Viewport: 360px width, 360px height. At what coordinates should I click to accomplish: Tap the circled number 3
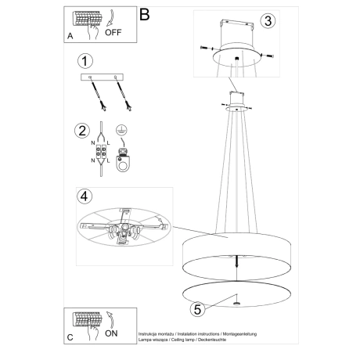tap(268, 23)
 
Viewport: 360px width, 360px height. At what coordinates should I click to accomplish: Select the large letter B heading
tap(144, 14)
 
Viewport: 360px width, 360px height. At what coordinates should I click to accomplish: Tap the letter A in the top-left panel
tap(71, 36)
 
